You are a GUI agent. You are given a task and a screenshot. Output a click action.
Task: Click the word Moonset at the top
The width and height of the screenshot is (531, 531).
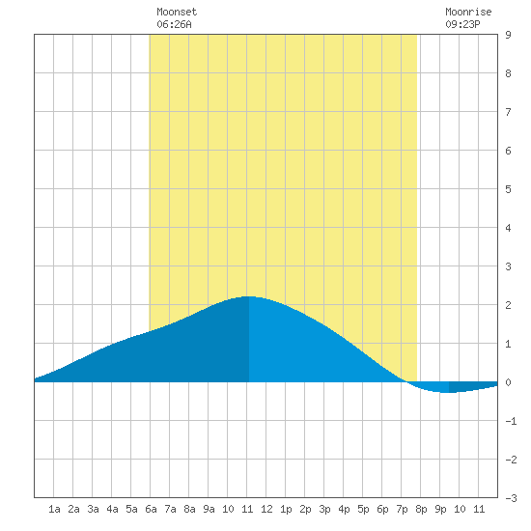coord(177,12)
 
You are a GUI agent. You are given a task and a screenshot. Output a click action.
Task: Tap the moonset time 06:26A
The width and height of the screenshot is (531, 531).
coord(174,24)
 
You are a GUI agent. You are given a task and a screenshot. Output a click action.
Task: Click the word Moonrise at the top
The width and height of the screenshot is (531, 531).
coord(468,12)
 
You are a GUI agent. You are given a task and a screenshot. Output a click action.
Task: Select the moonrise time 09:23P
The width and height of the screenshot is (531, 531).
coord(462,24)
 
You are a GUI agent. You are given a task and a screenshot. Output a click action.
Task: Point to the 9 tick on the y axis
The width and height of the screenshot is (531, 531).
coord(508,35)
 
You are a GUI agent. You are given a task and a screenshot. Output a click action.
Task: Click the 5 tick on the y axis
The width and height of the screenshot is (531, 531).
coord(508,189)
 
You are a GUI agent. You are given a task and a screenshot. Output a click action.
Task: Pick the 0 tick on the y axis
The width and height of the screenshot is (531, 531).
coord(508,382)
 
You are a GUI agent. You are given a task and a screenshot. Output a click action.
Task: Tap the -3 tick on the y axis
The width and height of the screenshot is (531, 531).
coord(511,498)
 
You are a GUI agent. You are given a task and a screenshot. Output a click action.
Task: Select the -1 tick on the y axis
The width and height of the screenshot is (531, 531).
coord(511,421)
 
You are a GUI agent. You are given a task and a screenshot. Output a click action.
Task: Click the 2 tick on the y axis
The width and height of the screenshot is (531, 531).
coord(508,305)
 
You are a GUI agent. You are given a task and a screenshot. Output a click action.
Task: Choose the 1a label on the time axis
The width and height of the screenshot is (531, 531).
coord(54,509)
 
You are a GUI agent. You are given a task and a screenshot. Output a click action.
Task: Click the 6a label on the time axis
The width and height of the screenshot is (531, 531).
coord(151,509)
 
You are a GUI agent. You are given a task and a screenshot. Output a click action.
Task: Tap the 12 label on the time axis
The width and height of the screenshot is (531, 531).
coord(266,509)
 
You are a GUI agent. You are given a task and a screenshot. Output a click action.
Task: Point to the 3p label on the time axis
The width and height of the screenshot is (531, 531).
coord(324,509)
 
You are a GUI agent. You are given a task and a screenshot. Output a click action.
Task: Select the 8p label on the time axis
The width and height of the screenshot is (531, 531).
coord(421,509)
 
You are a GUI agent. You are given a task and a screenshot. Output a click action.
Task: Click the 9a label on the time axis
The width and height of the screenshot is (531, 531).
coord(209,509)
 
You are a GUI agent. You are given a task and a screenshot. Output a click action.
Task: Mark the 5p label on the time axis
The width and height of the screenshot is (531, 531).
coord(363,509)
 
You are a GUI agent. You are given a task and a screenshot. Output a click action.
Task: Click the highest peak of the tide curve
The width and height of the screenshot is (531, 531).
coord(249,297)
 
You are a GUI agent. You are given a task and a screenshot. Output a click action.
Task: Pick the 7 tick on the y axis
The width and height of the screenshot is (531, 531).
coord(508,112)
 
